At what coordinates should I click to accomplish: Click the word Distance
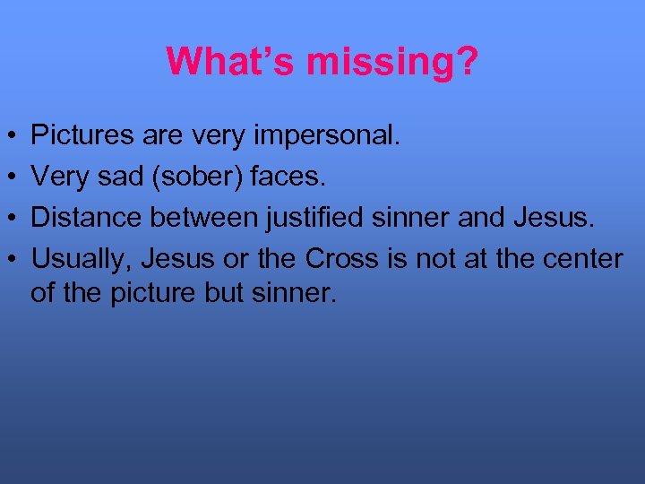[x=79, y=217]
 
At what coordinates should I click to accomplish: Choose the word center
[x=583, y=258]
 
